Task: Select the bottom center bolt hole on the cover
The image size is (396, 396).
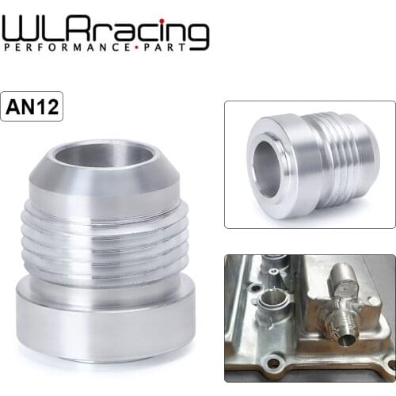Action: tap(273, 364)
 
